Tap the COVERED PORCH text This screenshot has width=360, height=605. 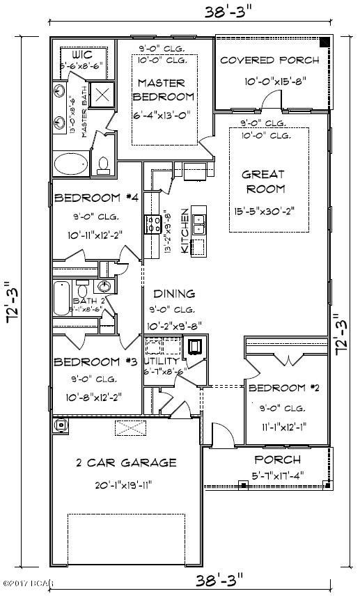tap(269, 60)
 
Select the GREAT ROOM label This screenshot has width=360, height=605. tap(263, 181)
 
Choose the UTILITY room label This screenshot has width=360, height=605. tap(162, 362)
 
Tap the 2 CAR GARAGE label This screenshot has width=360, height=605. tap(125, 462)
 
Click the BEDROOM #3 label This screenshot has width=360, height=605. tap(86, 362)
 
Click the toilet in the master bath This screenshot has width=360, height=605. tap(104, 164)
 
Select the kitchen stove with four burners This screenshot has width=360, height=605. tap(152, 224)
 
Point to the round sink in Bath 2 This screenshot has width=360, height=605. tap(104, 287)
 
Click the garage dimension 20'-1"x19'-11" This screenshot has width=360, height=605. tap(125, 485)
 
